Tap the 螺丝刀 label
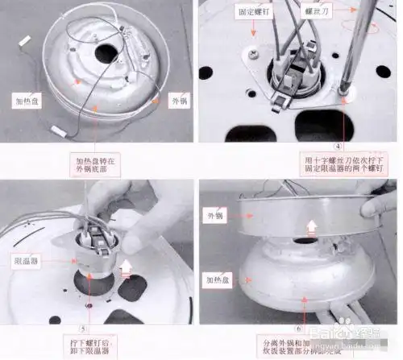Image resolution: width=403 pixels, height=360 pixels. [x=310, y=12]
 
